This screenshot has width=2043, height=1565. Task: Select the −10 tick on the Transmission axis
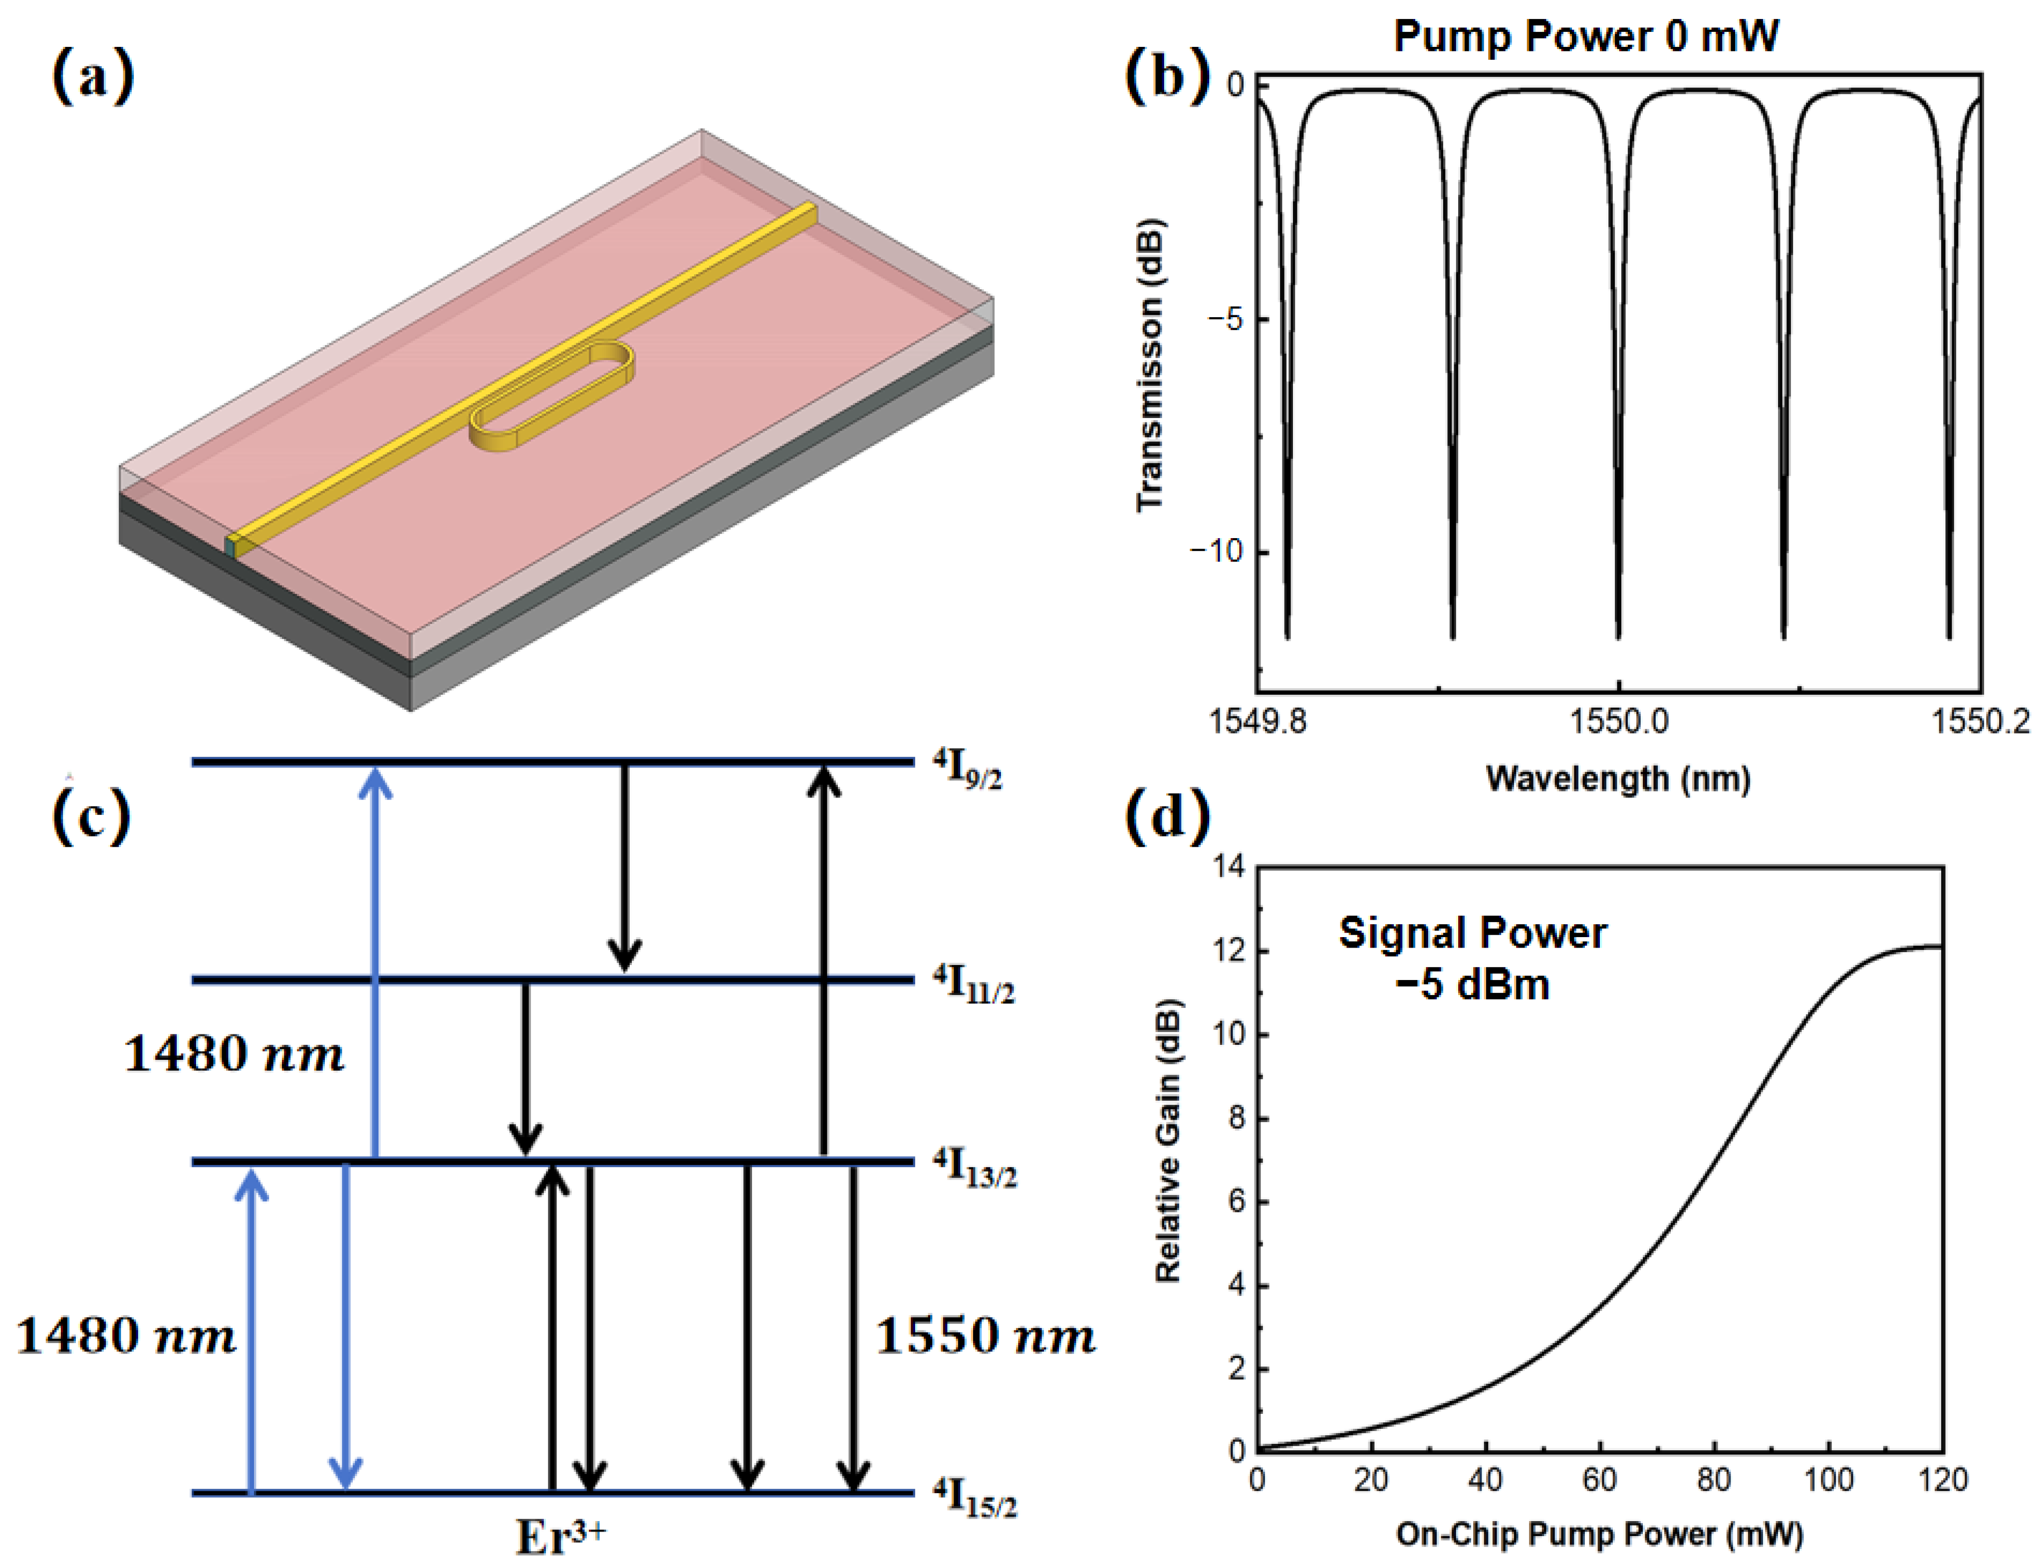[1215, 552]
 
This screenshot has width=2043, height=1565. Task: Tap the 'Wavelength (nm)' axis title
[1618, 778]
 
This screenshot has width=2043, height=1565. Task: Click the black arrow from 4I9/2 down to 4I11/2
[624, 866]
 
